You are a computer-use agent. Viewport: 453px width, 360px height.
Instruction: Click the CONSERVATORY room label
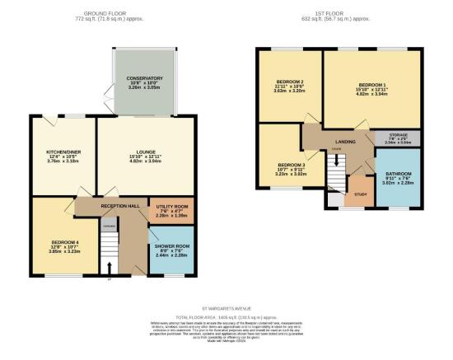(x=144, y=78)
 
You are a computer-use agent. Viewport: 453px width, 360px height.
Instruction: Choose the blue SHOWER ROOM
(x=171, y=246)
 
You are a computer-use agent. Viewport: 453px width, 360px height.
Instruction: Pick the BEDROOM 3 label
(x=290, y=166)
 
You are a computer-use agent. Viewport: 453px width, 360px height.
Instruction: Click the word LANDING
(x=345, y=142)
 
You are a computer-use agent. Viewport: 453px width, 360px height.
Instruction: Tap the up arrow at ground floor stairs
(x=109, y=265)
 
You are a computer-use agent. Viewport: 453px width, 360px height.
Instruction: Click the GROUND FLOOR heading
(x=112, y=14)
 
